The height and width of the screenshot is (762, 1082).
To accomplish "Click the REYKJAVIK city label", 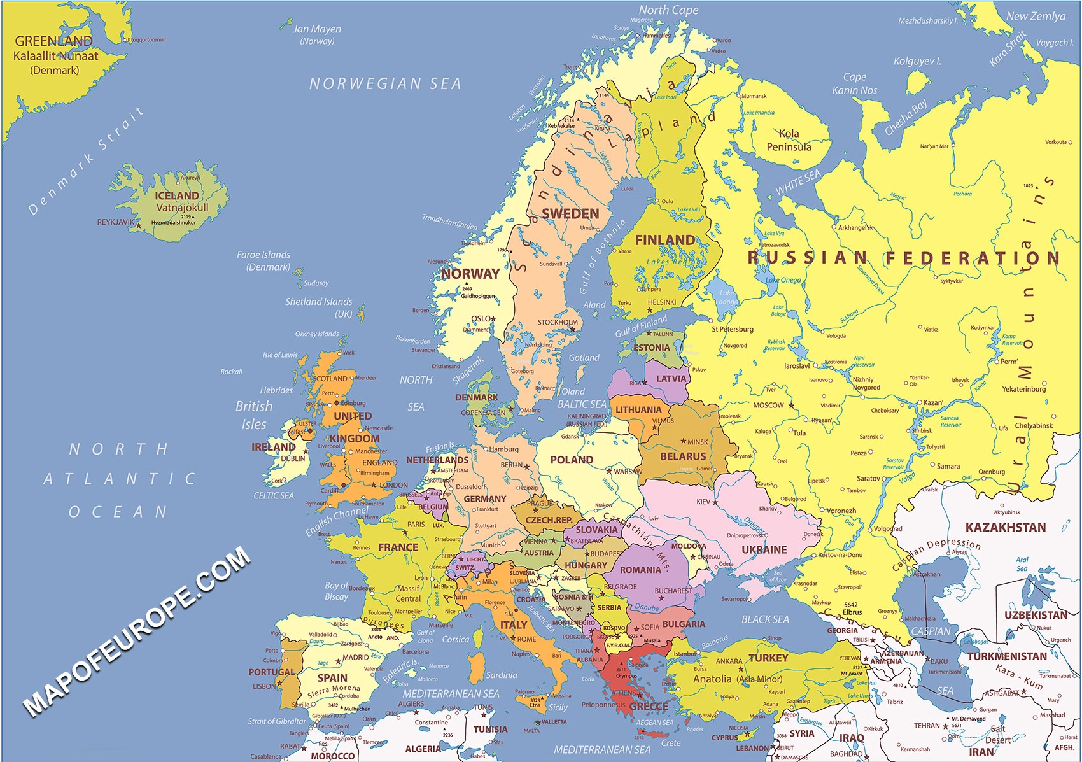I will click(x=115, y=222).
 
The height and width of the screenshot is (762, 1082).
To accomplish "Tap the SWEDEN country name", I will click(x=570, y=214).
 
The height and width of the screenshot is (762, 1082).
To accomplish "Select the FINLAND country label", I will click(x=664, y=240).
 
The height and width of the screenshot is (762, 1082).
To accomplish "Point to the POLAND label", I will click(x=571, y=460).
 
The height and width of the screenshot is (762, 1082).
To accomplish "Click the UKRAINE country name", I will click(x=764, y=549).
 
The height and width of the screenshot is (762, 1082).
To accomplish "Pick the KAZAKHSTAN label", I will click(x=1005, y=527).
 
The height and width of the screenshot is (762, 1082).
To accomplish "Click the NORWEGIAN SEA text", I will click(x=384, y=83).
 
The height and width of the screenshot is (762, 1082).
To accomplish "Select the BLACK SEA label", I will click(x=764, y=619).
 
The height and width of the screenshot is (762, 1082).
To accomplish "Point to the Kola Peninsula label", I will click(x=789, y=140).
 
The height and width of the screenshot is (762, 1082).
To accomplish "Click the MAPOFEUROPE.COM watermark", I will click(x=137, y=630).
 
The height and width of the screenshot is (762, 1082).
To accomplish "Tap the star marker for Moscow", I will click(x=792, y=405).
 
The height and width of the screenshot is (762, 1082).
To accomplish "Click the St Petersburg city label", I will click(x=732, y=329).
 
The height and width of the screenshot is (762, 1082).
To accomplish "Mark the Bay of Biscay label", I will click(x=336, y=591).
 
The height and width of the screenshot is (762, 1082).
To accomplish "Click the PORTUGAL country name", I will click(x=271, y=672).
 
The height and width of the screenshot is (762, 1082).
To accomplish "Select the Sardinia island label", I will click(x=501, y=675).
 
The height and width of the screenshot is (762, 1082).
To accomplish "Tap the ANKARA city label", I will click(x=729, y=661).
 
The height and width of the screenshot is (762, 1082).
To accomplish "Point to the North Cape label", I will click(x=668, y=10).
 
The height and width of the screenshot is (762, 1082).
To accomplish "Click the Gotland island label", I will click(x=584, y=358).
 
